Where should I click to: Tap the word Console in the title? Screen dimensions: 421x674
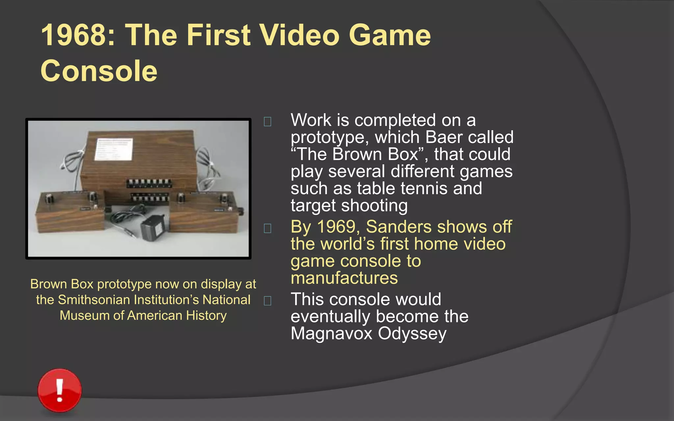coord(99,71)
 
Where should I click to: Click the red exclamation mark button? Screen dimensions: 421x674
coord(60,390)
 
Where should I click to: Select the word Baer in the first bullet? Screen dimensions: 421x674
coord(444,137)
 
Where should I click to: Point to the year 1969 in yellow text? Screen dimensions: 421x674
coord(336,227)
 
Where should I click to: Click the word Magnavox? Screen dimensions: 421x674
coord(331,333)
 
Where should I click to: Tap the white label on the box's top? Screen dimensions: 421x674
coord(113,149)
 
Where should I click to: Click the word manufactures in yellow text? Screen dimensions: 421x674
coord(344,278)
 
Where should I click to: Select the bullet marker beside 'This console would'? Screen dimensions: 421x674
coord(268,301)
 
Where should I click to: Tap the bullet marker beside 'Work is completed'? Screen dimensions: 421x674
coord(268,122)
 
